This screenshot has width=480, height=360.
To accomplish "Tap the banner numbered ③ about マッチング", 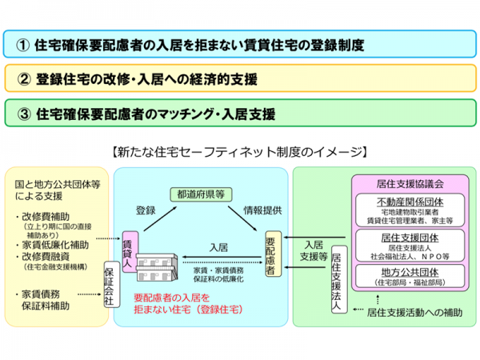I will pyautogui.click(x=239, y=113).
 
